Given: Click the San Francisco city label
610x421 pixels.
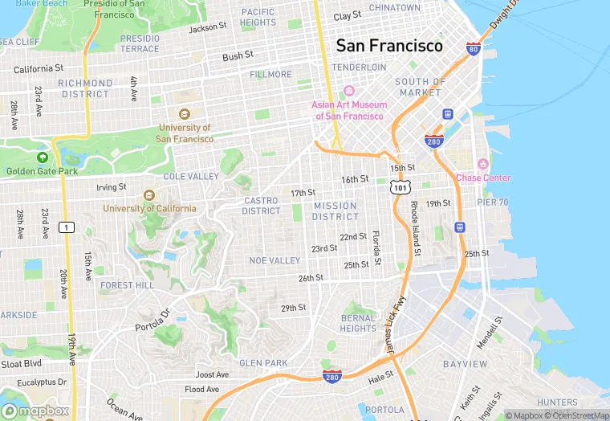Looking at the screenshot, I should click(389, 45).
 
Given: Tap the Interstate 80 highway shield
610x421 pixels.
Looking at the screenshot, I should click(474, 50).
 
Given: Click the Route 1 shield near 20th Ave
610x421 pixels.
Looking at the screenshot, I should click(68, 227).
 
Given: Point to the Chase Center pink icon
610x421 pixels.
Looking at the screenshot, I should click(482, 165).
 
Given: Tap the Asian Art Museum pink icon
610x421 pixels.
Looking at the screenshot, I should click(349, 91).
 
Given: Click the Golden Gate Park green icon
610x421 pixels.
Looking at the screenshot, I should click(42, 157).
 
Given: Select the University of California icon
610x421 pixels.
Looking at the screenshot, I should click(148, 195).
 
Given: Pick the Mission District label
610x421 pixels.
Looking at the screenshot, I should click(335, 211).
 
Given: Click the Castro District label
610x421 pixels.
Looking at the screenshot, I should click(262, 206).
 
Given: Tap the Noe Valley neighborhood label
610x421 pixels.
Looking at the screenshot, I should click(274, 260).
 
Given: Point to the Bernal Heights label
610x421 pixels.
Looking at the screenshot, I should click(358, 323).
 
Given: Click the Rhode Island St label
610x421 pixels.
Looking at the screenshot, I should click(415, 229).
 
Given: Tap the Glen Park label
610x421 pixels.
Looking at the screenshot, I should click(263, 363).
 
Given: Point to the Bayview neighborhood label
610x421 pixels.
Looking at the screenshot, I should click(465, 364).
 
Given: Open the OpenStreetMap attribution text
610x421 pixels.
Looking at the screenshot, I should click(577, 415).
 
